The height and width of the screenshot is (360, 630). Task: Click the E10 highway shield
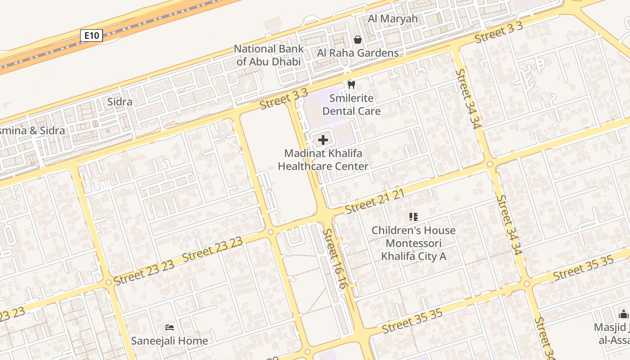coord(91,36)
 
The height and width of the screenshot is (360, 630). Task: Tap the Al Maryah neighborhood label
coord(393,19)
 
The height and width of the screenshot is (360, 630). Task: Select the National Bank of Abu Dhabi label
coord(269,55)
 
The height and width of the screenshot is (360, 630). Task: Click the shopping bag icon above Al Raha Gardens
coord(358,40)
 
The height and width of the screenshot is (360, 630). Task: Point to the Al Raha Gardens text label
coord(358,53)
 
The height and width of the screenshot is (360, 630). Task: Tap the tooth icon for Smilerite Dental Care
coord(351,85)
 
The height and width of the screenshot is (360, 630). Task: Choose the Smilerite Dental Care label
coord(351,104)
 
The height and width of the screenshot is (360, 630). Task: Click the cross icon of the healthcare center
coord(323,140)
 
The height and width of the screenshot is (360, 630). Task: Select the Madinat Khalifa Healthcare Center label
coord(323,160)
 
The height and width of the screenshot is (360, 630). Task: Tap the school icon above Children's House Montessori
coord(413,217)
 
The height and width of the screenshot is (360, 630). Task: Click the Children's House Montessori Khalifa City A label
coord(413,243)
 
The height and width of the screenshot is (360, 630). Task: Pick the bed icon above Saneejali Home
coord(170,327)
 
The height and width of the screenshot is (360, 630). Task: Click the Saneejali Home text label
coord(170,341)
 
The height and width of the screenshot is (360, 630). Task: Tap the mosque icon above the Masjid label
coord(623,314)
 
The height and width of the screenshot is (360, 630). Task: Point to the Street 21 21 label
coord(374,202)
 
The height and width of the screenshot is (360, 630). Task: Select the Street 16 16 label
coord(336,259)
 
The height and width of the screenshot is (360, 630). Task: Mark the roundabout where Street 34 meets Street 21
coord(490,164)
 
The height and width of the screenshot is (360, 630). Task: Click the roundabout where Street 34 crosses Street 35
coord(527,283)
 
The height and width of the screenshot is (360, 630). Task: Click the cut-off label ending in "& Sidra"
coord(32,130)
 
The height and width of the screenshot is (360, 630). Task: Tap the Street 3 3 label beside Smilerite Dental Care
coord(284,99)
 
